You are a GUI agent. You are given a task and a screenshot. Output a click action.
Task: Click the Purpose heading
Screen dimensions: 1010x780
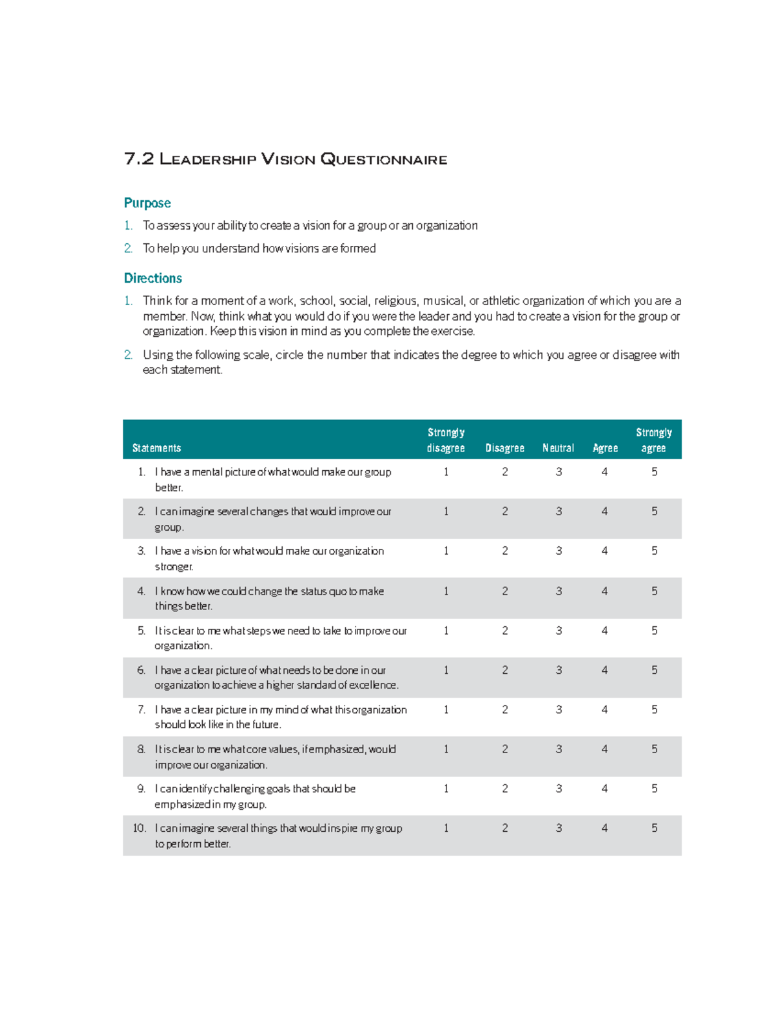click(147, 203)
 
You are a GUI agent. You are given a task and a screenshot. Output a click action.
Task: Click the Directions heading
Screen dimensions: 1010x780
click(153, 278)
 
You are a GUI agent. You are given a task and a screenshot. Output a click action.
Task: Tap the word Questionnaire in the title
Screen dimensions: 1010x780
click(383, 159)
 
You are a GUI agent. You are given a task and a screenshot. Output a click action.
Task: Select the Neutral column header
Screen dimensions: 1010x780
click(558, 448)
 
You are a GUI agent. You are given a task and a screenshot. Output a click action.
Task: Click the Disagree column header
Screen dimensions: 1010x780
click(504, 448)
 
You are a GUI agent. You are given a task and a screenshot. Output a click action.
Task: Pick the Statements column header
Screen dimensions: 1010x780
click(157, 448)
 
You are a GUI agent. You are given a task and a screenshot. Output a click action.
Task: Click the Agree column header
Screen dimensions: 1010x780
click(605, 448)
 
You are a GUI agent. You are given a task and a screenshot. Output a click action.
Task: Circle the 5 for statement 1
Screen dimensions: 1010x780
click(655, 472)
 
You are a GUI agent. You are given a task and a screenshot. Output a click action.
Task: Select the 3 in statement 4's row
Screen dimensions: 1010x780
click(558, 591)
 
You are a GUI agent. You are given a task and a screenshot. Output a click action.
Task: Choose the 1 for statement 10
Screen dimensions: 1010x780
click(446, 828)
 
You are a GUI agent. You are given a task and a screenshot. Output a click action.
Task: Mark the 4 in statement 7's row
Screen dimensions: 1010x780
click(604, 710)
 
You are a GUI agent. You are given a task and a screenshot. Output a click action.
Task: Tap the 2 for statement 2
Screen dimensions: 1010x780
click(505, 512)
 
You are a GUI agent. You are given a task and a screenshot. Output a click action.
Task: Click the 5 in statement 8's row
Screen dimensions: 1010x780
click(655, 749)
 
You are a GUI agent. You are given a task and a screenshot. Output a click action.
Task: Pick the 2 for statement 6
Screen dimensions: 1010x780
click(505, 670)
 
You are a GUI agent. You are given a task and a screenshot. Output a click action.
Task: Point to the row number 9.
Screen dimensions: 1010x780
click(141, 789)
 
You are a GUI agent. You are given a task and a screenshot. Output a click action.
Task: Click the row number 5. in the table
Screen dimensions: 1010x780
click(141, 631)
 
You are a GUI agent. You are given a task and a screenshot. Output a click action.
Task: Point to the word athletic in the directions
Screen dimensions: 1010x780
click(500, 301)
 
